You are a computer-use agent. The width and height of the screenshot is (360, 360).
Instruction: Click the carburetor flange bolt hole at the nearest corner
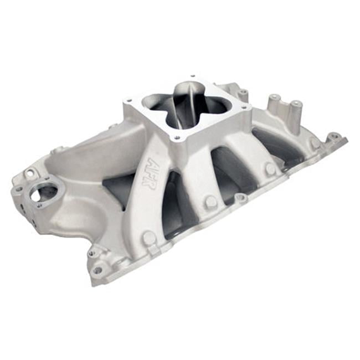pos(177,137)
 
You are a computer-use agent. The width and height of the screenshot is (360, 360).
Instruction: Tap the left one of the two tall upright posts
pos(274,103)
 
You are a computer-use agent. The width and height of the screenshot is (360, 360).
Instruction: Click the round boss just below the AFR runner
pos(149,238)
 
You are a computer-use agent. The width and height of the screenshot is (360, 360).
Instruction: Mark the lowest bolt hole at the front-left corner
pos(97,270)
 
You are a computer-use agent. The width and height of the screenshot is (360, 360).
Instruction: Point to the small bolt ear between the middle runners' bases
pos(240,197)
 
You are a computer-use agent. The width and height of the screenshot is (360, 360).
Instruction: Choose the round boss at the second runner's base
pos(211,202)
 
